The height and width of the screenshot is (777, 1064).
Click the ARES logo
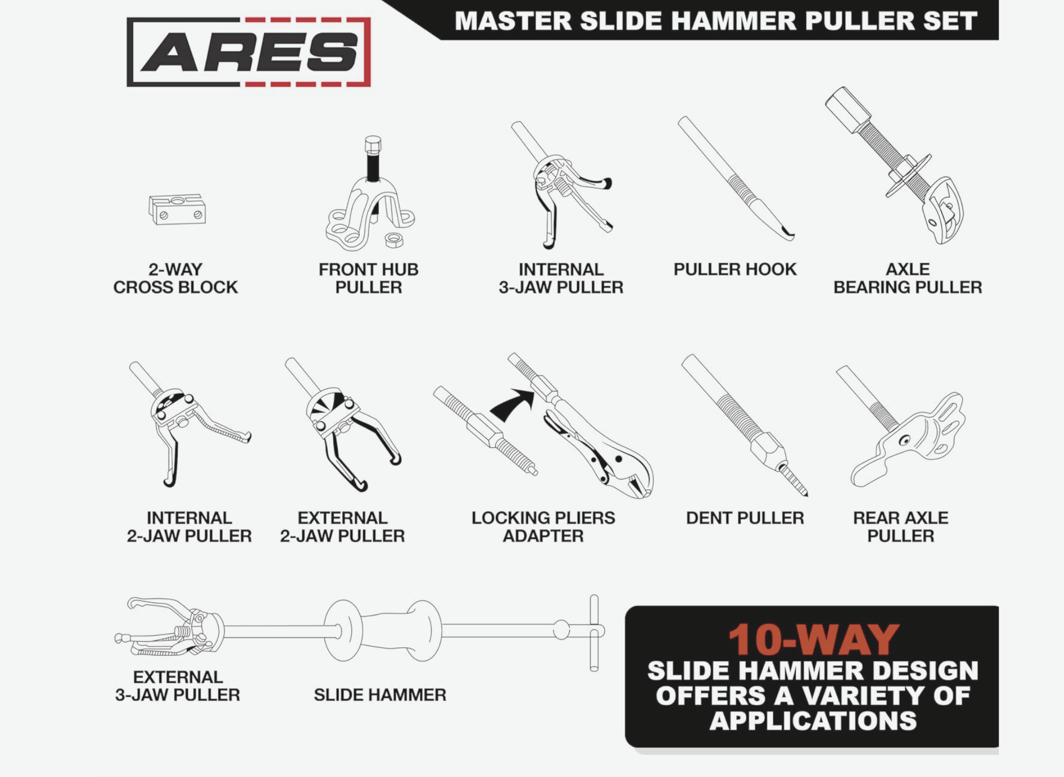(x=248, y=52)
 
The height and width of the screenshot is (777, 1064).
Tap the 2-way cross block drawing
(x=177, y=209)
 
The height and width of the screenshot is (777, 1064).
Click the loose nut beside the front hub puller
(x=394, y=240)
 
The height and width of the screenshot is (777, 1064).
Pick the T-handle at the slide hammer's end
(x=594, y=633)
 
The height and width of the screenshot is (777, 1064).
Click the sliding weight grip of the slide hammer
(x=383, y=631)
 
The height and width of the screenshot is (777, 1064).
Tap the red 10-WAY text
(x=813, y=640)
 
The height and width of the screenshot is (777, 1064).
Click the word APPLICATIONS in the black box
(x=813, y=721)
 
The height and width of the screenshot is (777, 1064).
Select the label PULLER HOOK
(x=735, y=269)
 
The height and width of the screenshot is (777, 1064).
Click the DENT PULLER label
(x=745, y=517)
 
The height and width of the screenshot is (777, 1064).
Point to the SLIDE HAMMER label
(x=380, y=695)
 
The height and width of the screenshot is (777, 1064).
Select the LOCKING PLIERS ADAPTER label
(x=543, y=527)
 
